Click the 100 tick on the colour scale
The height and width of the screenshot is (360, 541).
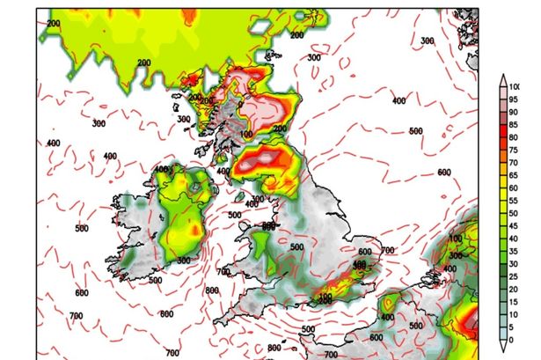[510, 86]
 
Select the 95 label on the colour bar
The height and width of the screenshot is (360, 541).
[510, 99]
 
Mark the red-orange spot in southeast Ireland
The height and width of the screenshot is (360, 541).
[195, 230]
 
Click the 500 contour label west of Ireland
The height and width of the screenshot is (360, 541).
[82, 229]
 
